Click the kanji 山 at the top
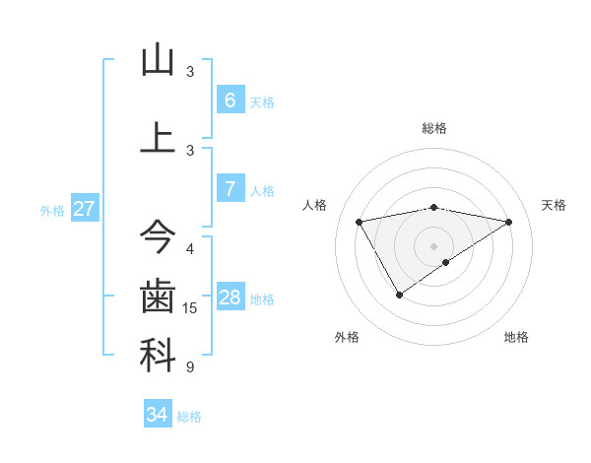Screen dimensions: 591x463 pyautogui.click(x=158, y=61)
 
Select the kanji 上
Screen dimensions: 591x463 pyautogui.click(x=158, y=136)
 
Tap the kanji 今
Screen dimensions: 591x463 pyautogui.click(x=158, y=236)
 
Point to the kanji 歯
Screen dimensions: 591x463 pyautogui.click(x=158, y=296)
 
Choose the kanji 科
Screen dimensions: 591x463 pyautogui.click(x=158, y=356)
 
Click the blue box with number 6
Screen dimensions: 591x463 pyautogui.click(x=230, y=99)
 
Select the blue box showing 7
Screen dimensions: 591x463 pyautogui.click(x=230, y=189)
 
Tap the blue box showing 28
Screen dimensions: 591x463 pyautogui.click(x=230, y=298)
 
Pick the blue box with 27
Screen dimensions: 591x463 pyautogui.click(x=85, y=209)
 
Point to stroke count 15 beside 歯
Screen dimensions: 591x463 pyautogui.click(x=190, y=308)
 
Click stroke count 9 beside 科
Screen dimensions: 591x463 pyautogui.click(x=190, y=367)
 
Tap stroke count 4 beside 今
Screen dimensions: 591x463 pyautogui.click(x=190, y=248)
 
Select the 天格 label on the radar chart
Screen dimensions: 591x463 pyautogui.click(x=554, y=205)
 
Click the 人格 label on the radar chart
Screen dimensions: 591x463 pyautogui.click(x=315, y=205)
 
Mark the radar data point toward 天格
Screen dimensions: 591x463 pyautogui.click(x=508, y=222)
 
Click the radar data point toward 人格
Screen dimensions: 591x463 pyautogui.click(x=360, y=221)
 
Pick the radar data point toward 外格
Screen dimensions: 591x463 pyautogui.click(x=399, y=295)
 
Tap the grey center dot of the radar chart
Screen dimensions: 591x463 pyautogui.click(x=433, y=246)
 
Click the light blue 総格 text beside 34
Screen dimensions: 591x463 pyautogui.click(x=189, y=417)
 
